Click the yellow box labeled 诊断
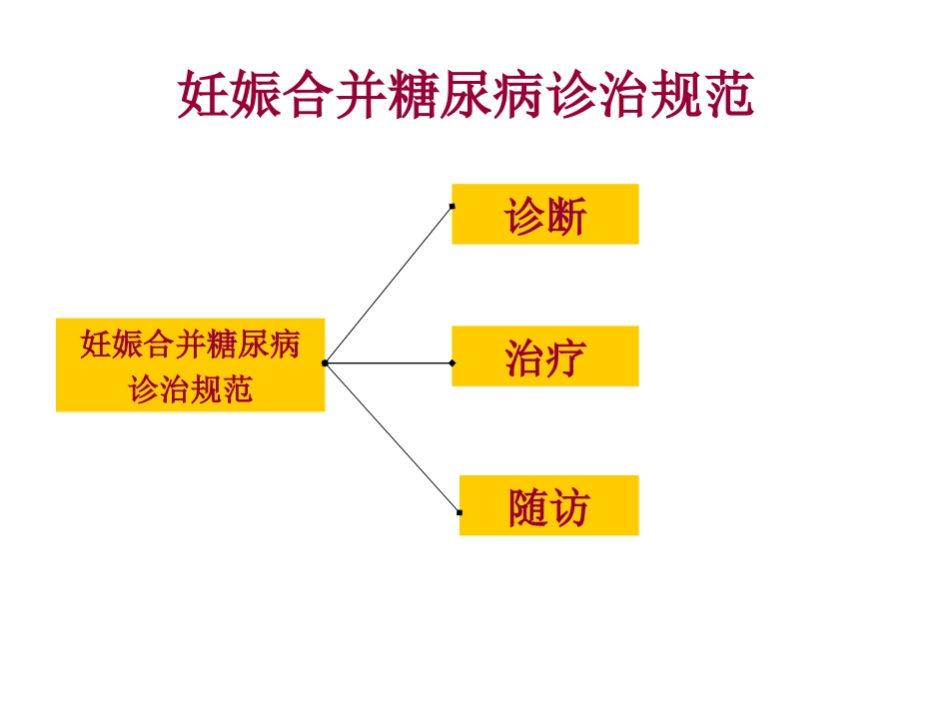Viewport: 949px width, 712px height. (544, 214)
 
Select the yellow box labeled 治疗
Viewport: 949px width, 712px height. (544, 356)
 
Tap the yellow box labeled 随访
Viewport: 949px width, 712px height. (548, 505)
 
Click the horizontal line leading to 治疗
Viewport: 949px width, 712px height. (390, 363)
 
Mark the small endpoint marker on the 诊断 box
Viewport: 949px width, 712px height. (453, 207)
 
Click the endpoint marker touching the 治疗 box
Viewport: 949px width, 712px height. (453, 363)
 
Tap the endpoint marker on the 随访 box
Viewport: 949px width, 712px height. (460, 512)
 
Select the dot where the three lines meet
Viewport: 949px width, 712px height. (325, 363)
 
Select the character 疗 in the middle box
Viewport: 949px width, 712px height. (565, 358)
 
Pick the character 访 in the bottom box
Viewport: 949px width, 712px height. (569, 508)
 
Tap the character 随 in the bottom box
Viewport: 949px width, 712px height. (527, 508)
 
